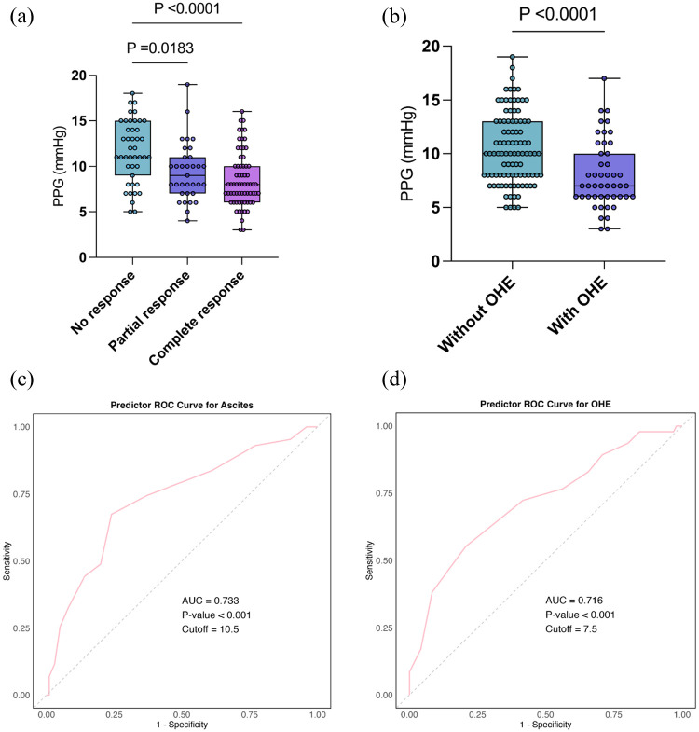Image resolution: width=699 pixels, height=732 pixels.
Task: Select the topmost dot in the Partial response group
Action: coord(187,85)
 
